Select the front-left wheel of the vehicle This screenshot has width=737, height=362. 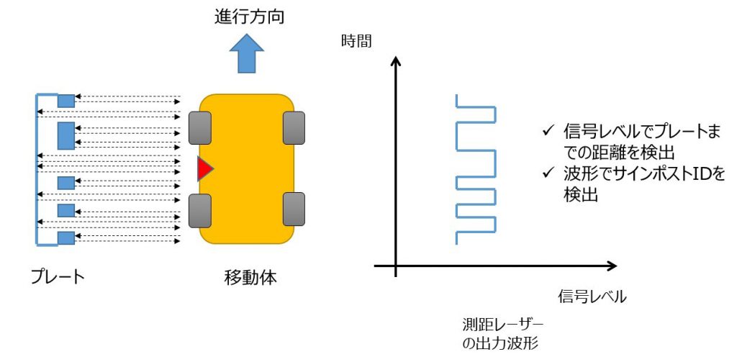(199, 127)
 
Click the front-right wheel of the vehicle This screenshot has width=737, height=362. (294, 127)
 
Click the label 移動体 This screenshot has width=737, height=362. (246, 276)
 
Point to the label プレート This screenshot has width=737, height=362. (58, 276)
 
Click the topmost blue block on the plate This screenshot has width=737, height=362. (66, 101)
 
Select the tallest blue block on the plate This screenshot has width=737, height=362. (66, 135)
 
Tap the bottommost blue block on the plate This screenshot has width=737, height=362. (66, 237)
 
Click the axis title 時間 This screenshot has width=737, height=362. (357, 41)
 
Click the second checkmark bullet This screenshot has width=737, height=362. (548, 173)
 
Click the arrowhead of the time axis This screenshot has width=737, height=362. (395, 63)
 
